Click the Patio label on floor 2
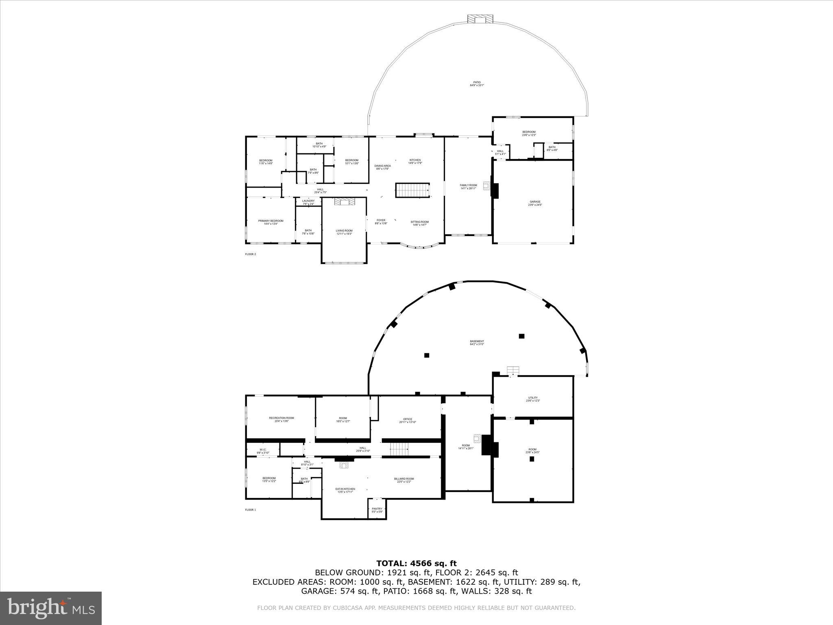click(477, 84)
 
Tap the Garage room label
click(535, 203)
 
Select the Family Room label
click(468, 187)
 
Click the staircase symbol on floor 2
click(413, 190)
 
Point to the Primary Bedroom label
click(270, 222)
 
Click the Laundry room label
click(308, 202)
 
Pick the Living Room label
click(344, 232)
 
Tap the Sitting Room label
click(419, 223)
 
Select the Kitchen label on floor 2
click(415, 162)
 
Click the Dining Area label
click(382, 167)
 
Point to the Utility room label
click(533, 399)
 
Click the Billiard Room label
click(404, 480)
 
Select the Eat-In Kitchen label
click(345, 490)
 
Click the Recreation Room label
click(281, 420)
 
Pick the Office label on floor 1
click(408, 421)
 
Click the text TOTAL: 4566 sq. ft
click(416, 564)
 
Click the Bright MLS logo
click(51, 608)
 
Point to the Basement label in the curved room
click(477, 343)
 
